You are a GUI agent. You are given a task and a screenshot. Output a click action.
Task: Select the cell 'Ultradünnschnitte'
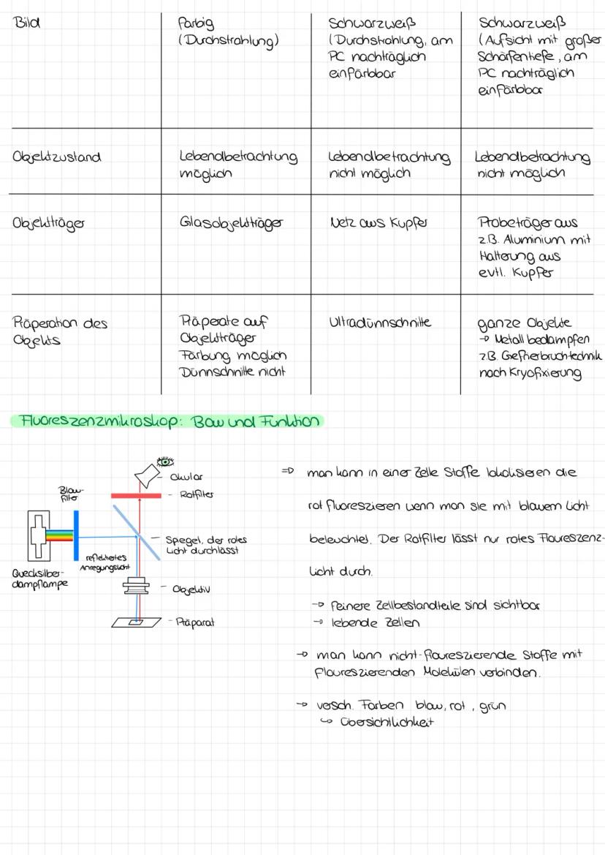click(381, 322)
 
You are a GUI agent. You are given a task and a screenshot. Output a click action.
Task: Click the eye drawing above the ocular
click(166, 462)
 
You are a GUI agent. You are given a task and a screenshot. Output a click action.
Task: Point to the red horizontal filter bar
click(136, 495)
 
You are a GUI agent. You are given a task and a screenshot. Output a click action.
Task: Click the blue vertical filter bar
click(75, 534)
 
